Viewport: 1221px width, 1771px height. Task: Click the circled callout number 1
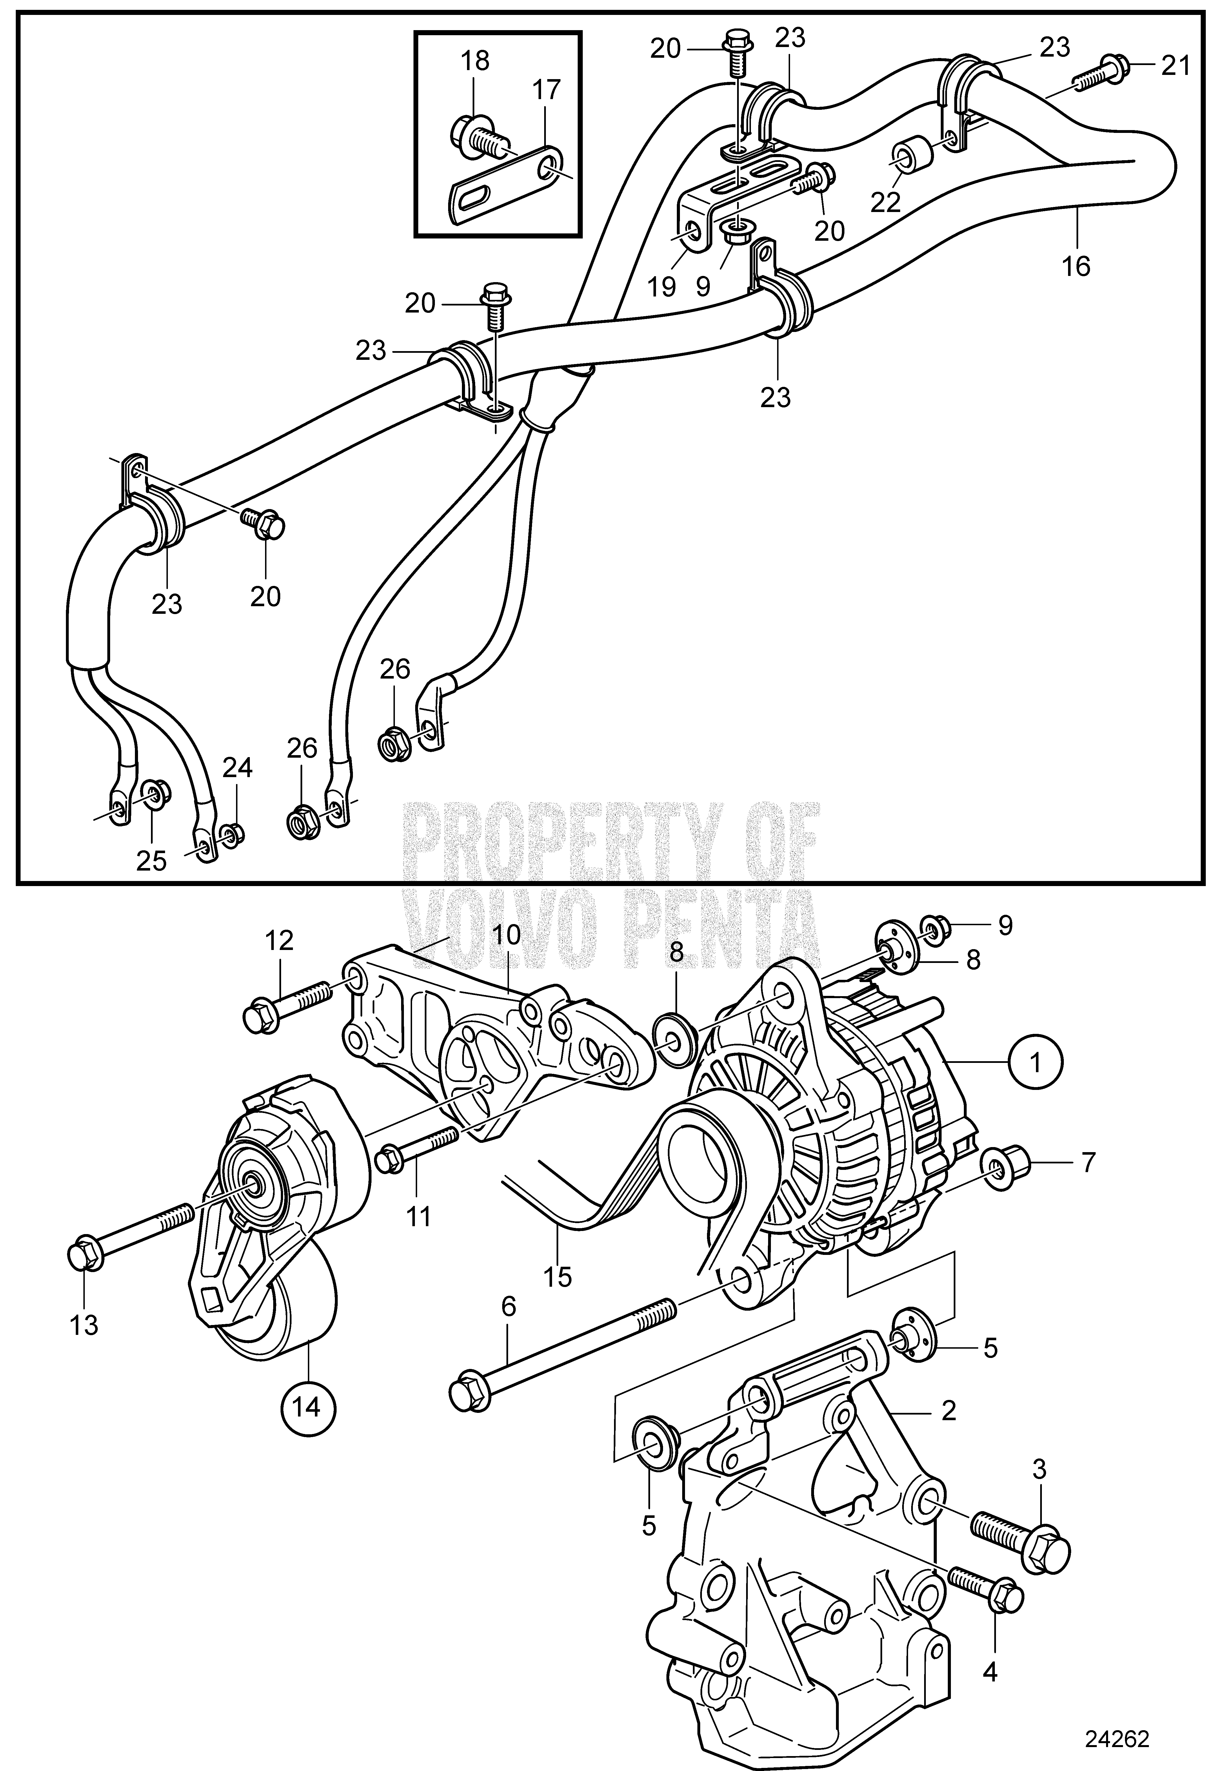click(1037, 1062)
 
